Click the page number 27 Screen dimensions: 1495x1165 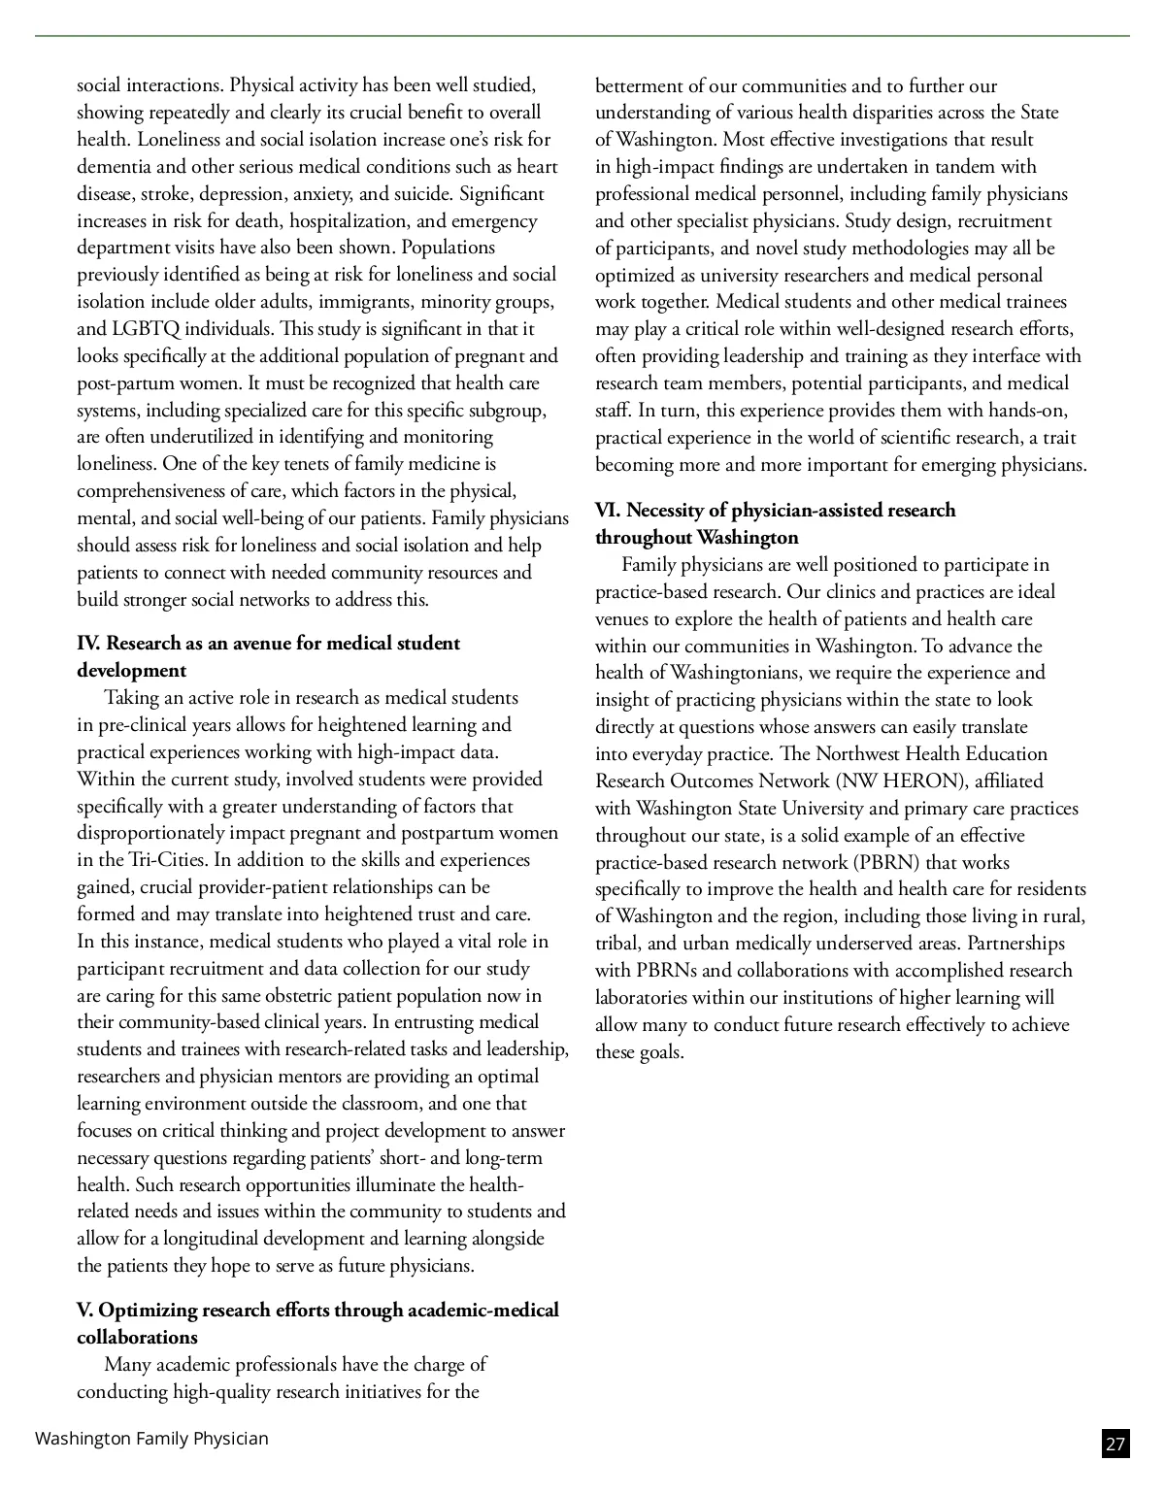[1115, 1444]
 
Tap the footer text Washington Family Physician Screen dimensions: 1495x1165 [151, 1438]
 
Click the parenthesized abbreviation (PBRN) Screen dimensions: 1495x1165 [885, 862]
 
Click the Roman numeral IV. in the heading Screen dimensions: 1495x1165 [88, 643]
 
